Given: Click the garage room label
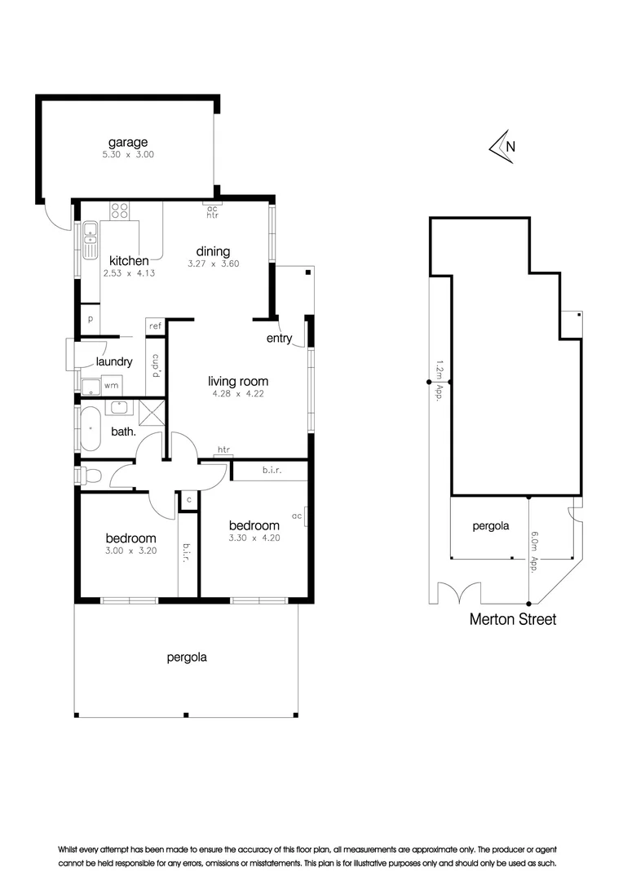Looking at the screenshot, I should [128, 142].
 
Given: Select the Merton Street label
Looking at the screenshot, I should [512, 620].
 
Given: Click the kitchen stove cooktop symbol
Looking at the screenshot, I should [120, 211].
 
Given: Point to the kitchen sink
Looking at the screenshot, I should [90, 241].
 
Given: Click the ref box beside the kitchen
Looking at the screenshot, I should [155, 326].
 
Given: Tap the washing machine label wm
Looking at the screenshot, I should [110, 386].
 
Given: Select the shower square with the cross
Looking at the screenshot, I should [152, 412].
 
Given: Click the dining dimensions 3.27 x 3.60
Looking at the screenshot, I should [213, 264].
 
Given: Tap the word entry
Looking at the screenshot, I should [279, 339].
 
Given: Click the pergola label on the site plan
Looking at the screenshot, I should [490, 526].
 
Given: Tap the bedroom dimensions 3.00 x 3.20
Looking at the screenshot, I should [130, 551].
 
